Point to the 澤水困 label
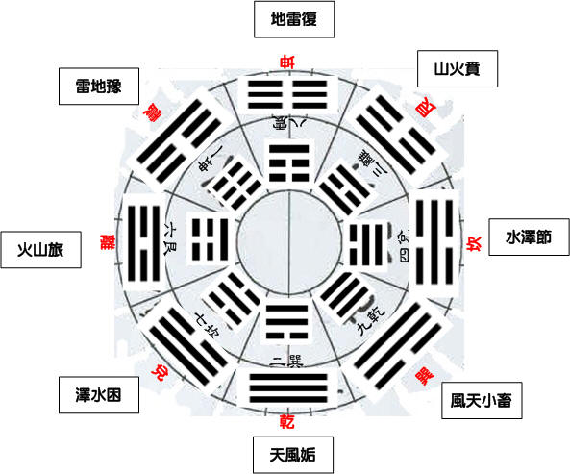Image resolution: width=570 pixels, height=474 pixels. click(x=93, y=393)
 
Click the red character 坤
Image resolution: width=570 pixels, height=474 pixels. click(x=285, y=63)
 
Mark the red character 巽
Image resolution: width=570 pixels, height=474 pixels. click(x=421, y=375)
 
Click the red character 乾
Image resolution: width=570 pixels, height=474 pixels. click(x=285, y=421)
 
